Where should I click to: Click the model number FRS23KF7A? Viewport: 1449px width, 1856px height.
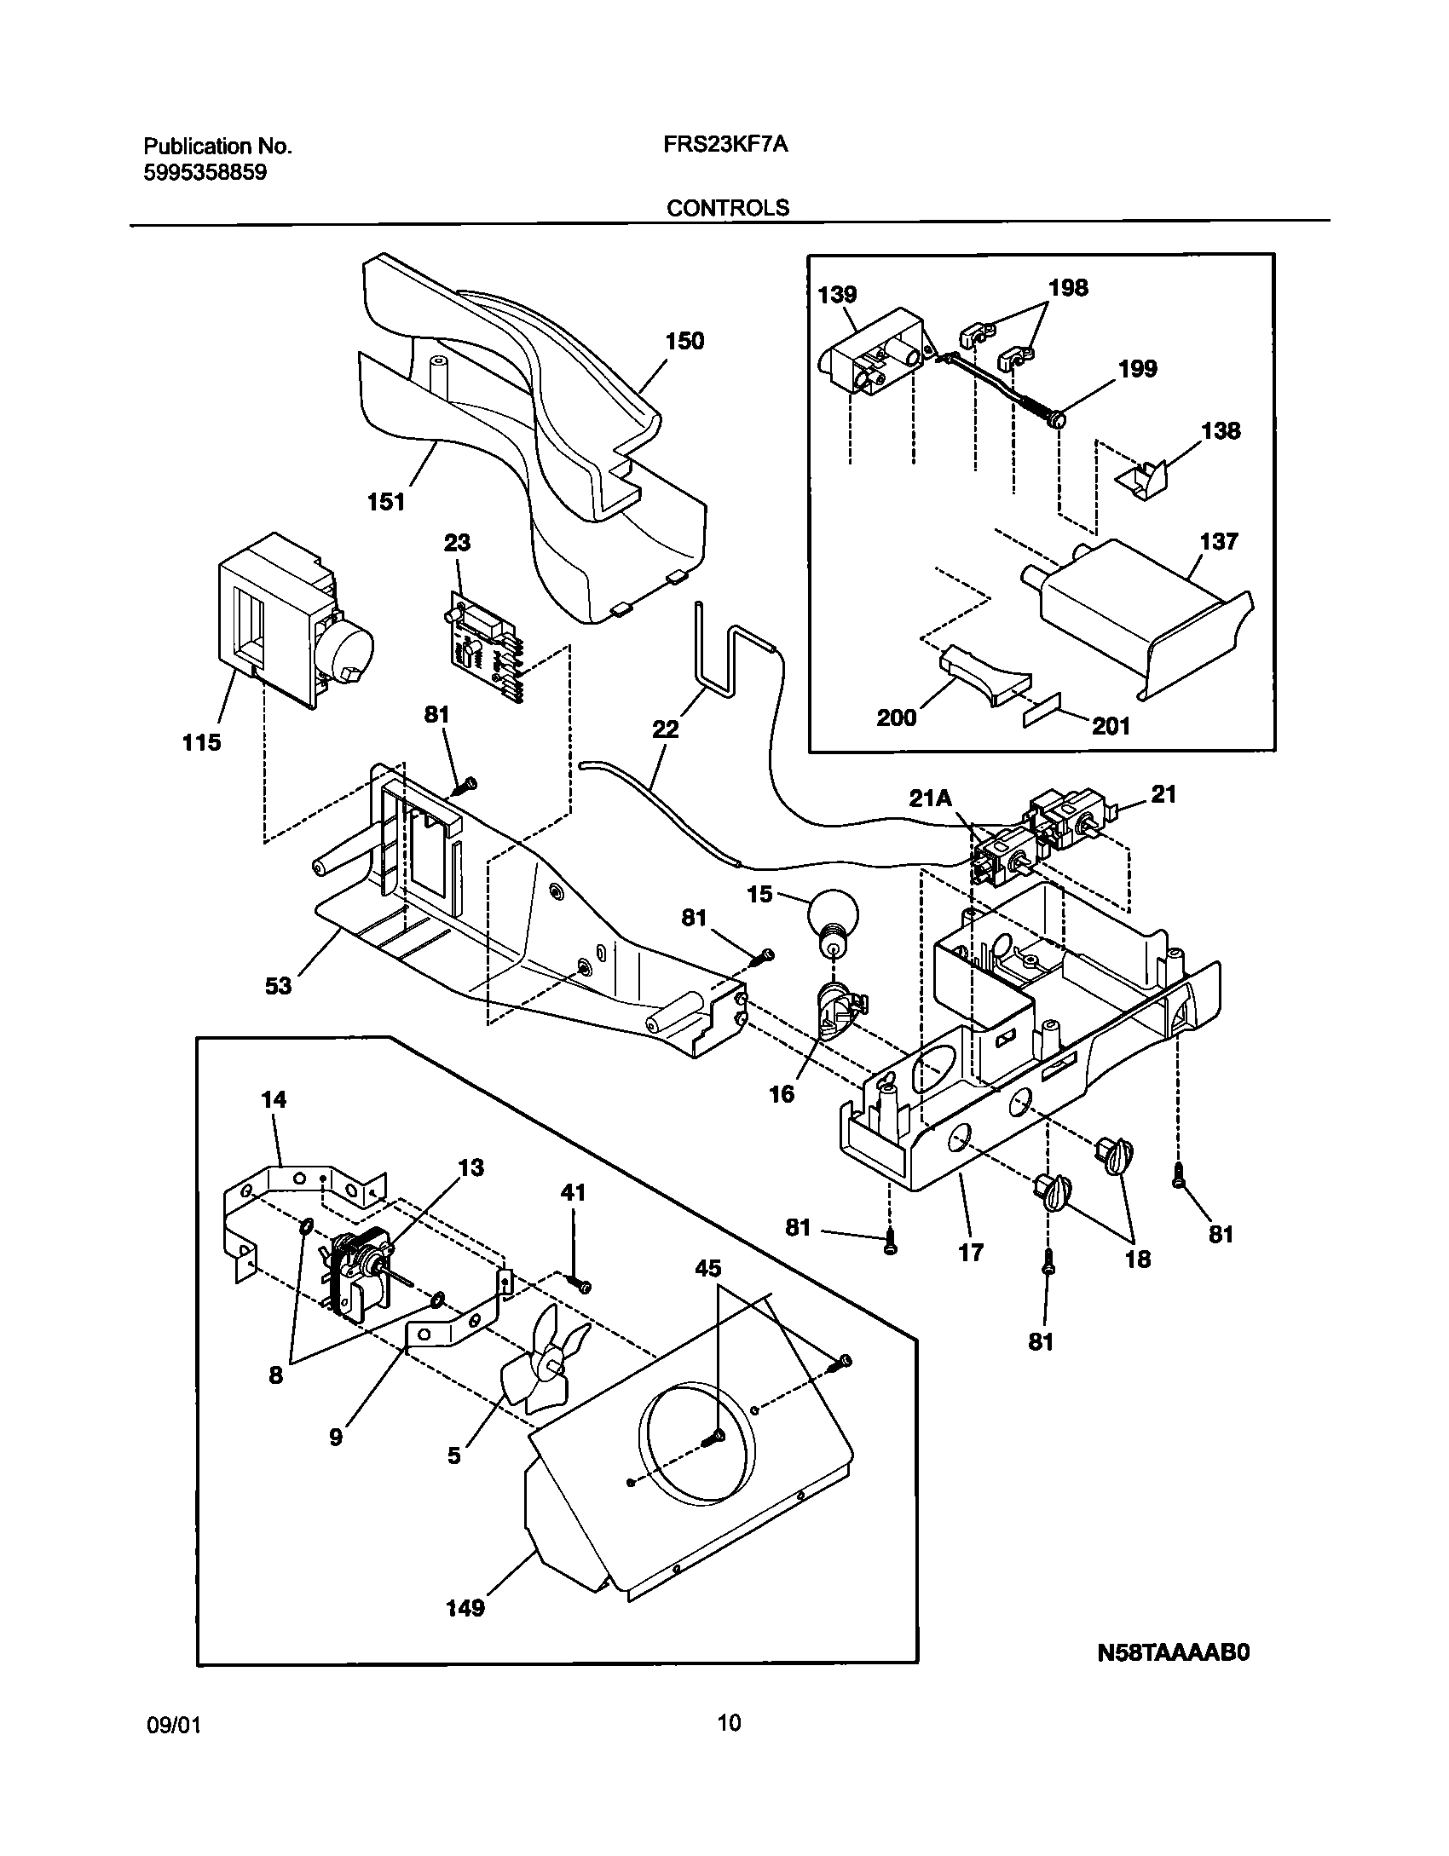725,146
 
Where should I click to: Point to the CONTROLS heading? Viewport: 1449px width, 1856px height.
727,208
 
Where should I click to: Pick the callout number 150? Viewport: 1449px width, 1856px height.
684,342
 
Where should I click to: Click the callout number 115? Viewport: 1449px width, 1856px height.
201,742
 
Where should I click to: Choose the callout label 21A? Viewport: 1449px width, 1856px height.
930,798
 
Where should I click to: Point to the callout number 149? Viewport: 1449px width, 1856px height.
465,1608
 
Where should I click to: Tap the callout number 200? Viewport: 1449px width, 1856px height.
897,718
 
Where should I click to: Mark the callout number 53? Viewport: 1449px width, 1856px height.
279,986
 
